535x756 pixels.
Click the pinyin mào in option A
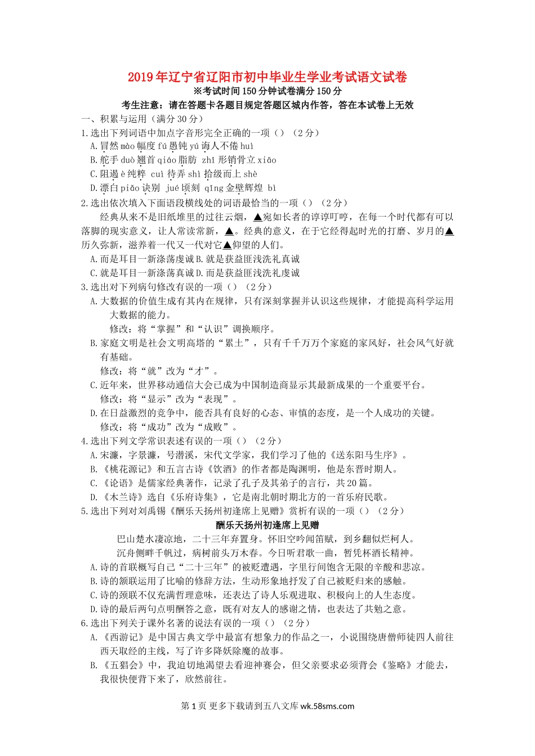[127, 146]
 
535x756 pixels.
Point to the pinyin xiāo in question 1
[267, 160]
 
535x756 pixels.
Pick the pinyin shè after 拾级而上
[251, 174]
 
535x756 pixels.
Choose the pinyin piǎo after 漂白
[130, 188]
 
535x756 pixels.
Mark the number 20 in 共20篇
[351, 483]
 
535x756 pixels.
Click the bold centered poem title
[267, 525]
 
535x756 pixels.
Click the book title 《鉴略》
[397, 665]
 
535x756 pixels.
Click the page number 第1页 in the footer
[194, 706]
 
